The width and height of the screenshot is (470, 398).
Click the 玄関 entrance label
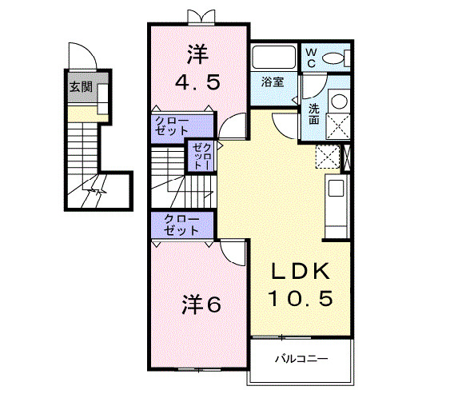click(x=78, y=87)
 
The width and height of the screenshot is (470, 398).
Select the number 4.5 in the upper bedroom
click(x=197, y=82)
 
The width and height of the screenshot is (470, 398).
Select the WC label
click(x=312, y=57)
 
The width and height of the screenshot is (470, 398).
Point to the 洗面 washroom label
click(x=314, y=113)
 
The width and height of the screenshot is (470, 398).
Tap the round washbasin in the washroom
click(x=338, y=101)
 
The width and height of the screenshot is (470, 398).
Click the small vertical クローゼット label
click(x=199, y=156)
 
